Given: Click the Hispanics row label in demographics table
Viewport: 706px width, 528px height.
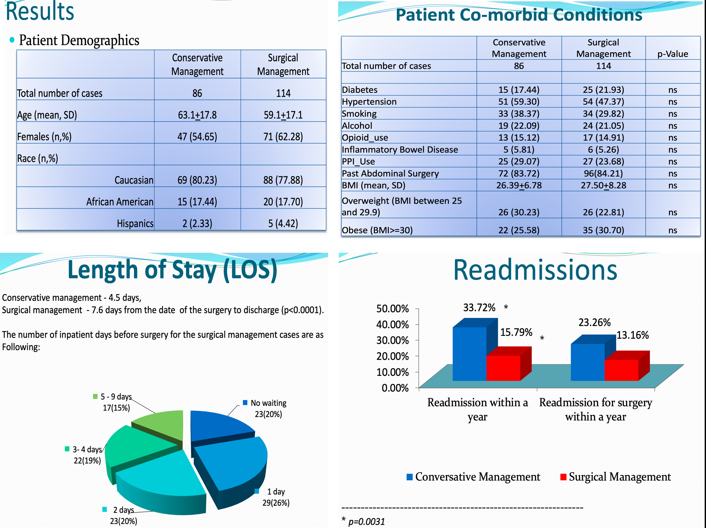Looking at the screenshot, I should point(135,224).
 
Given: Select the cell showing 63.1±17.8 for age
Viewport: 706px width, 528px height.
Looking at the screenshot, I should point(197,115).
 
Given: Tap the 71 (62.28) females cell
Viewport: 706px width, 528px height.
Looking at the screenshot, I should point(283,137).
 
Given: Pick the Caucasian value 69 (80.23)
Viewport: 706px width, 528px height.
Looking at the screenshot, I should point(197,180).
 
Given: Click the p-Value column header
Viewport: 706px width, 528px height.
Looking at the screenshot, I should point(673,54).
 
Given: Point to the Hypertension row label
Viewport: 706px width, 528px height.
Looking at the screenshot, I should point(369,102).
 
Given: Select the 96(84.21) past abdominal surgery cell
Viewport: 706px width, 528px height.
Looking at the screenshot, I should point(603,173).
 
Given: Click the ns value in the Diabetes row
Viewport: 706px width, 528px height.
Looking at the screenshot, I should point(673,90).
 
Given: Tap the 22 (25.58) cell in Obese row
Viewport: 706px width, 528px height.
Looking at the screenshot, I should point(519,230).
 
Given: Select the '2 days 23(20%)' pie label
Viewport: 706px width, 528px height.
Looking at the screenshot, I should point(123,515).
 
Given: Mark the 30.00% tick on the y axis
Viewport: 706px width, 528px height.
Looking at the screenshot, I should point(393,340).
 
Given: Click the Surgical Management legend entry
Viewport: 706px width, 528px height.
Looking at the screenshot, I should point(615,477).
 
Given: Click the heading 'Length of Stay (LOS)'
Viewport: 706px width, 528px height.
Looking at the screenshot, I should point(172,270).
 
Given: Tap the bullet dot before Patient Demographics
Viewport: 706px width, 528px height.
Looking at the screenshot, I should point(12,40).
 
